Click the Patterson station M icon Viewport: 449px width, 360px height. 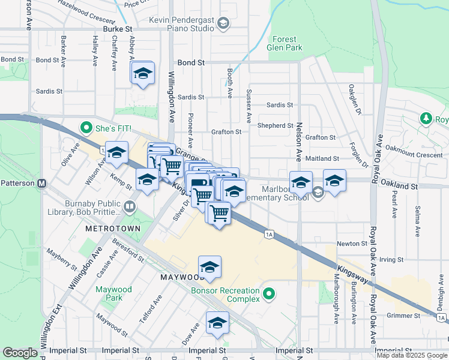pyautogui.click(x=42, y=184)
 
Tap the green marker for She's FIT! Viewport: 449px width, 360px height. pyautogui.click(x=86, y=128)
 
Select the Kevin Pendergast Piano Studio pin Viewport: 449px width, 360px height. pyautogui.click(x=223, y=24)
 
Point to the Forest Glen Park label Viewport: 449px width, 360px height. pyautogui.click(x=284, y=43)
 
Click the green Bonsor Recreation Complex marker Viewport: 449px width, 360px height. pyautogui.click(x=269, y=294)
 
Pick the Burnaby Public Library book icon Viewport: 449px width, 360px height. pyautogui.click(x=130, y=208)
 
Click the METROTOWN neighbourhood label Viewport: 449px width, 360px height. pyautogui.click(x=113, y=229)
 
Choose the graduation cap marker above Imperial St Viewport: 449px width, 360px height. pyautogui.click(x=217, y=324)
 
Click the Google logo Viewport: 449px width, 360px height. pyautogui.click(x=20, y=353)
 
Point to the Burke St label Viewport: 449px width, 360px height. pyautogui.click(x=117, y=29)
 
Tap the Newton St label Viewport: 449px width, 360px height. pyautogui.click(x=352, y=244)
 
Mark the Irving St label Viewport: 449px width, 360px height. pyautogui.click(x=391, y=259)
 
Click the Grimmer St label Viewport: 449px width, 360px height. pyautogui.click(x=403, y=316)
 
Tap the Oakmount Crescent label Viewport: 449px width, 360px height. pyautogui.click(x=414, y=155)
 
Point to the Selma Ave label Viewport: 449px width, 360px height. pyautogui.click(x=416, y=220)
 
